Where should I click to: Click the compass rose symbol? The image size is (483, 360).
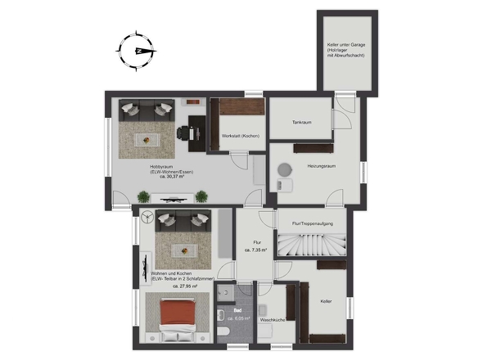tap(136, 51)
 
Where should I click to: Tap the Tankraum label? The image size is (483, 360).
tap(301, 122)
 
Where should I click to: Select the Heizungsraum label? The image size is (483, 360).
tap(321, 166)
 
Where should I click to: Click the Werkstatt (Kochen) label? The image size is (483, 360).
tap(240, 136)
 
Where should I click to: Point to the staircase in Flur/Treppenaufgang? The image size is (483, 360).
tap(312, 245)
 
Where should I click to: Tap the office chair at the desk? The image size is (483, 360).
tap(183, 133)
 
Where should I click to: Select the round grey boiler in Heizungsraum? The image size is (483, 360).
tap(285, 169)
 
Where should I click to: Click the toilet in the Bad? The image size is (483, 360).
tap(223, 332)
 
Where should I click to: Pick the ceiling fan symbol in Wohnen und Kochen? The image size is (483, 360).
tap(147, 217)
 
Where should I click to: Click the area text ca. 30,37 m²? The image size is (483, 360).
tap(172, 177)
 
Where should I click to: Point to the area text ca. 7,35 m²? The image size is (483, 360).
tap(255, 250)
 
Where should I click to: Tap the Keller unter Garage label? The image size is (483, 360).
tap(346, 45)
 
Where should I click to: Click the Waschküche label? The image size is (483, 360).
tap(273, 320)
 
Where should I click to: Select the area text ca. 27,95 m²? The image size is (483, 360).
tap(185, 286)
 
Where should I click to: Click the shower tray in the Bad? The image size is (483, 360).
tap(225, 292)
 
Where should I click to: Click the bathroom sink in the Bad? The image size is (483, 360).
tap(221, 315)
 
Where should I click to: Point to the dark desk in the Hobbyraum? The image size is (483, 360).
tap(196, 133)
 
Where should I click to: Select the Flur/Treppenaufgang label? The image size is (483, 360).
tap(313, 223)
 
